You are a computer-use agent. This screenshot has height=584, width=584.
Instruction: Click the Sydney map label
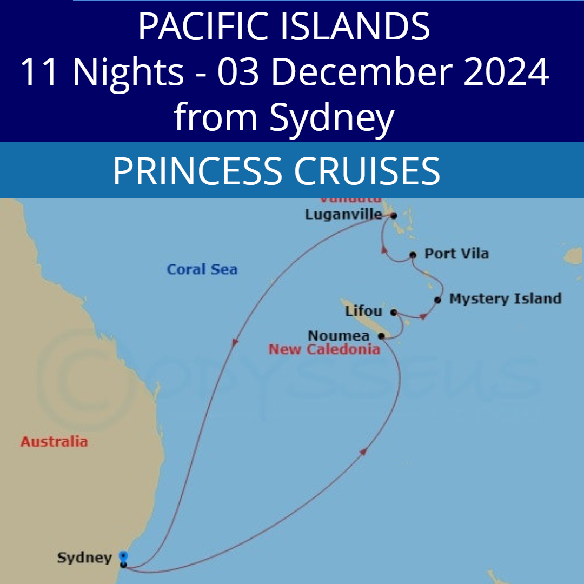(84, 558)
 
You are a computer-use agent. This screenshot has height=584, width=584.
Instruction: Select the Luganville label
(343, 215)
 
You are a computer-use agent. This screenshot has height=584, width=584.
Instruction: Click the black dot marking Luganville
(394, 215)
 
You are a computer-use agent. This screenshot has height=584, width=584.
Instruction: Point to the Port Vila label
(456, 254)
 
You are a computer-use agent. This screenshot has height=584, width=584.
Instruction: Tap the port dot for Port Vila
(413, 255)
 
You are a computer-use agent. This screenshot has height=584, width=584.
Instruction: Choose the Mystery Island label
(505, 298)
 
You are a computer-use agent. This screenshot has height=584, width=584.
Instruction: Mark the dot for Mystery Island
(437, 300)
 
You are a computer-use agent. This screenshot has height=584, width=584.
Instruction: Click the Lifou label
(363, 311)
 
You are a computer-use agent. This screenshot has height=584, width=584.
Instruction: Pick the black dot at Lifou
(394, 312)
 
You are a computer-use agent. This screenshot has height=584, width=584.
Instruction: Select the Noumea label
(339, 336)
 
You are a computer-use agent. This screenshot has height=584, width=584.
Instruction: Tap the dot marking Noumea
(381, 336)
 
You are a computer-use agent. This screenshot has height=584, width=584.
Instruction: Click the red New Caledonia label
(324, 349)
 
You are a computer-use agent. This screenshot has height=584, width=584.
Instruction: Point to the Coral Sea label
(202, 269)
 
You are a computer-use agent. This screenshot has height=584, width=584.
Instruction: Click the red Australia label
(54, 441)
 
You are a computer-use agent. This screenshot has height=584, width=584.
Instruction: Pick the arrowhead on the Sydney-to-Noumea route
(363, 451)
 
